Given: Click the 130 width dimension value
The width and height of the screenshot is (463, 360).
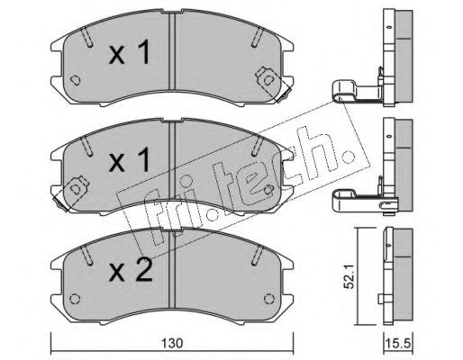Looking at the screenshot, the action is coord(173,343).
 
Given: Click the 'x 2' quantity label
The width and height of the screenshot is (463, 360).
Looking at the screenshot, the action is coord(131,270).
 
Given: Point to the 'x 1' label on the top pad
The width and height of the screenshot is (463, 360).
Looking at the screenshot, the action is coord(130,53).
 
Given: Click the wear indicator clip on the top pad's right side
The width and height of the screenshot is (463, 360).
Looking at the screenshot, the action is coord(272,85).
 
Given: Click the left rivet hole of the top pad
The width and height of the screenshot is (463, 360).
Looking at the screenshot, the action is coord(75,80).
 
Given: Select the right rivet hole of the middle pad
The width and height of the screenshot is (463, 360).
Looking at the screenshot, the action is coord(269,189).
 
